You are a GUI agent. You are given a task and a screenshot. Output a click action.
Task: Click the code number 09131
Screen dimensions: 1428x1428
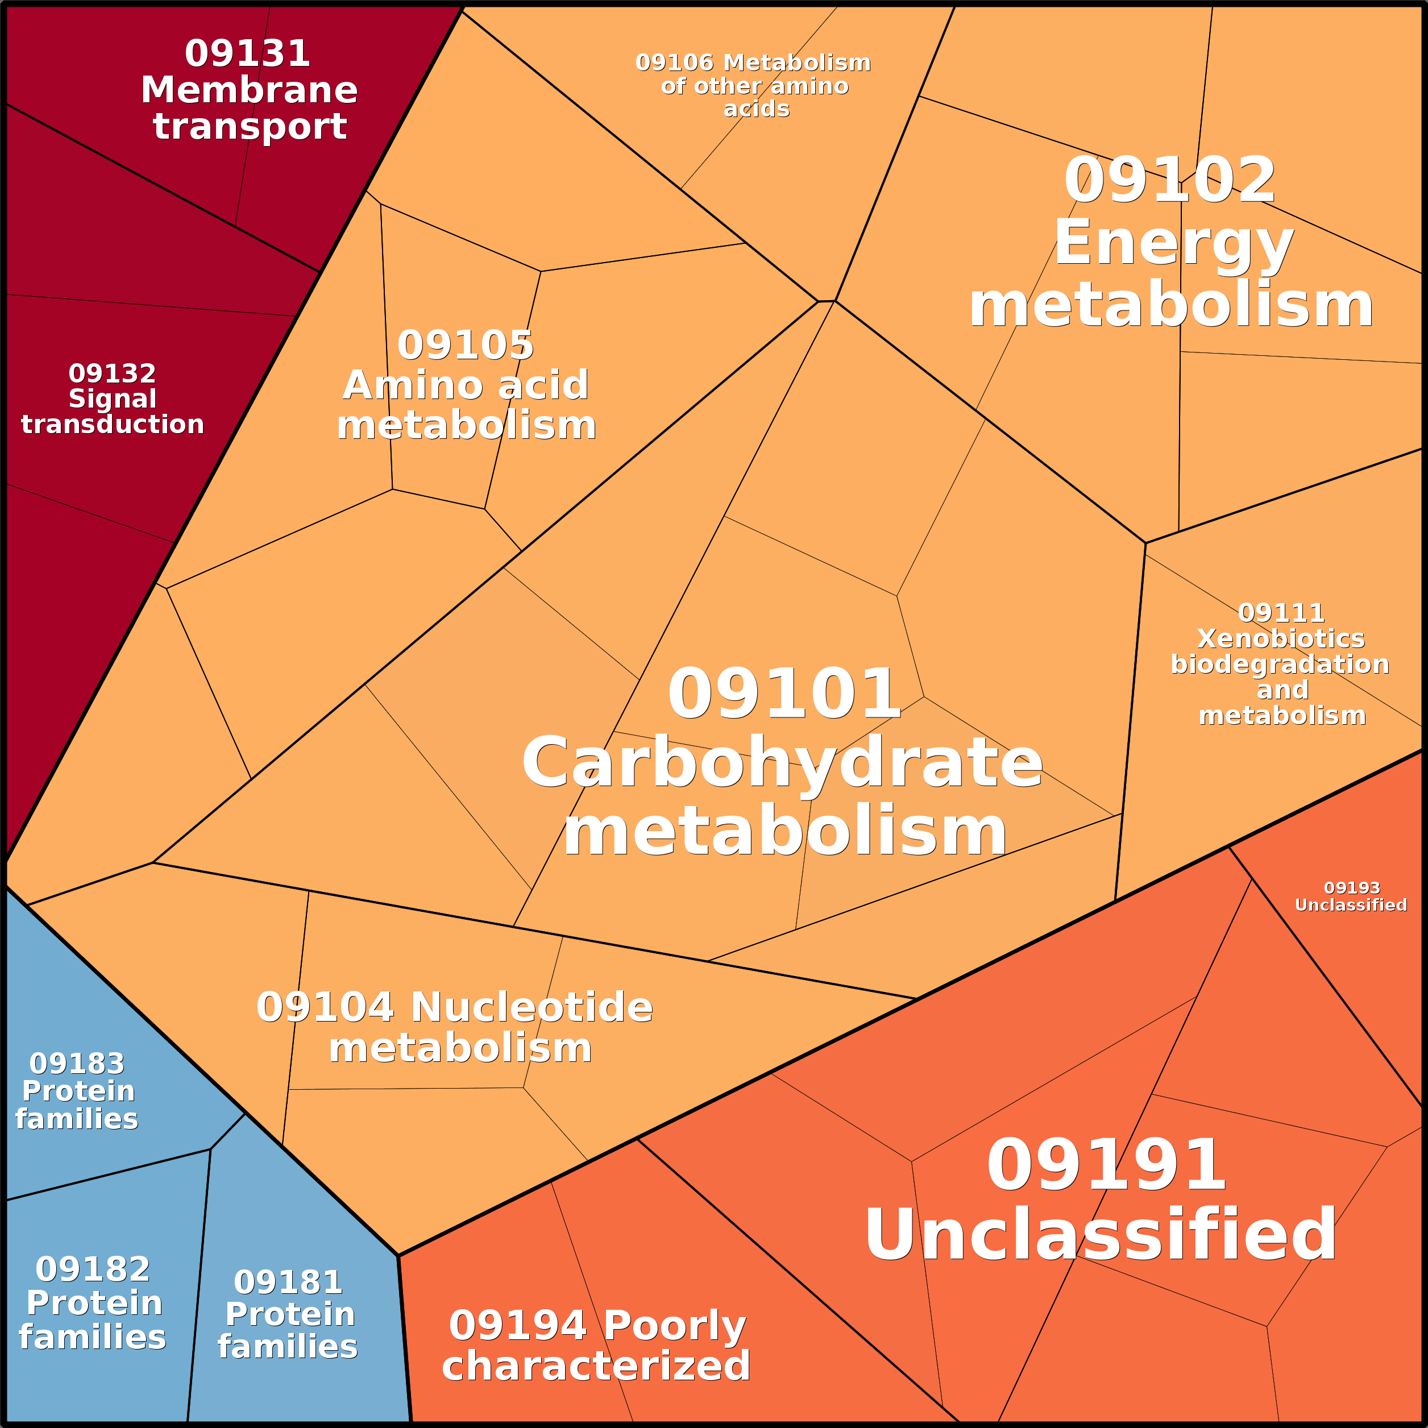tap(248, 54)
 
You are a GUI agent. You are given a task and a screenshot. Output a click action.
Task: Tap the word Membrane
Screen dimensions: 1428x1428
tap(249, 90)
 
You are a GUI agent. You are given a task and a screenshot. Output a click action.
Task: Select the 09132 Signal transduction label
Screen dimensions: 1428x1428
tap(113, 398)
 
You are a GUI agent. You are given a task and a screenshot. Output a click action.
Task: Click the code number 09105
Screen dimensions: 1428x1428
tap(465, 345)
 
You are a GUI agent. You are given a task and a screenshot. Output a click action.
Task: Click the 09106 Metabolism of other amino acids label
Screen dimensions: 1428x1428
tap(753, 85)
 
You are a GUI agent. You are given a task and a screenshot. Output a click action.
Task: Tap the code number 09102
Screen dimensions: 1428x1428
tap(1169, 181)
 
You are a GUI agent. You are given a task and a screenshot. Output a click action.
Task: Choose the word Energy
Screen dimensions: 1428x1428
tap(1173, 243)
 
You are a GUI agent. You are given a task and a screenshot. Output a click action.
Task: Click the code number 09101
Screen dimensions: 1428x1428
tap(783, 694)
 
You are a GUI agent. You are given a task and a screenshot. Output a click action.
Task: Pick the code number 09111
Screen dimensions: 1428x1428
tap(1281, 613)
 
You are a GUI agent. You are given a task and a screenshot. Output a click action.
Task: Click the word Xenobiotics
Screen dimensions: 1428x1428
tap(1281, 638)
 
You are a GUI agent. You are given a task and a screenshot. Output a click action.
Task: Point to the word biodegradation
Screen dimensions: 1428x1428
tap(1280, 665)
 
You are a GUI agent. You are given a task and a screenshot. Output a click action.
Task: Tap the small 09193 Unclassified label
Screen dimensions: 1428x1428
tap(1351, 896)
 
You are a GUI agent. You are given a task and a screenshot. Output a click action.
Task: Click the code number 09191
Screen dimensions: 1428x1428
tap(1106, 1165)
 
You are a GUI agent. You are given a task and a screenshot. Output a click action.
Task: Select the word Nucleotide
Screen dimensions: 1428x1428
tap(532, 1007)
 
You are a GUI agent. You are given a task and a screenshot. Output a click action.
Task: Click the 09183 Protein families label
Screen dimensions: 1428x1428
tap(77, 1091)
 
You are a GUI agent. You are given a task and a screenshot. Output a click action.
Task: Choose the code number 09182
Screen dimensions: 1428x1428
tap(93, 1268)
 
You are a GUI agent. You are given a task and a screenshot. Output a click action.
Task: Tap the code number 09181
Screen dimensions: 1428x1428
tap(288, 1282)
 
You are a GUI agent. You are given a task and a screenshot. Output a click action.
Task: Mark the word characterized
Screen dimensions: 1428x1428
tap(596, 1365)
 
